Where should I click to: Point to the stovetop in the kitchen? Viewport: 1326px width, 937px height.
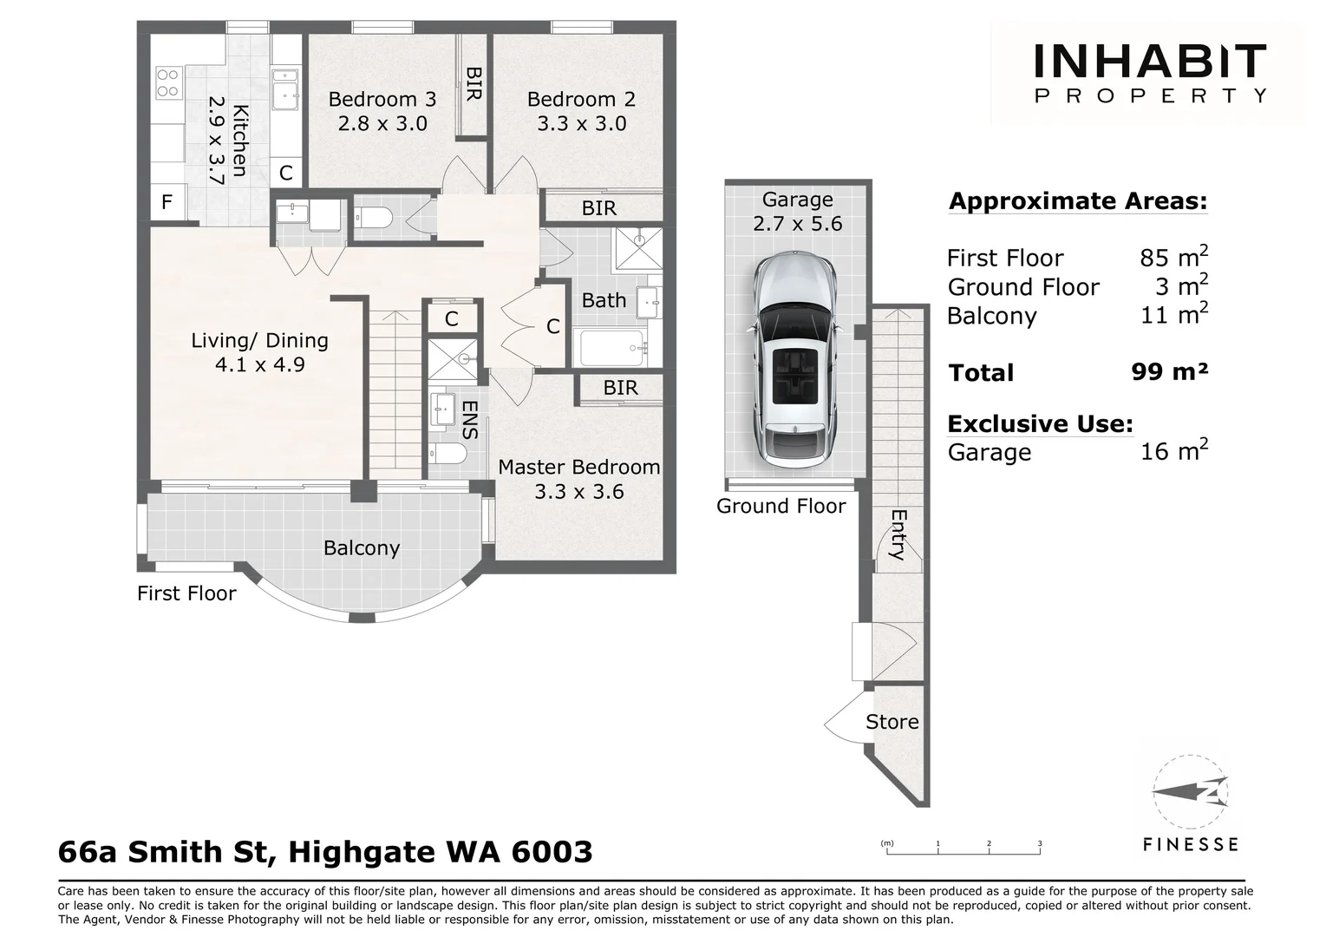[x=167, y=83]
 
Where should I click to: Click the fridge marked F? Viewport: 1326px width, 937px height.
[x=167, y=202]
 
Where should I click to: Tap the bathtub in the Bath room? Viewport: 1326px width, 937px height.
[x=612, y=348]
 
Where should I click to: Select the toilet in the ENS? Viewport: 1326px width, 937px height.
[x=447, y=455]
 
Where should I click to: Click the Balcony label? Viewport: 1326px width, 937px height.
[x=362, y=547]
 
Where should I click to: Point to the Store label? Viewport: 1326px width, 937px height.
[x=892, y=722]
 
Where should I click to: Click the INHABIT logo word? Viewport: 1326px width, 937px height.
[x=1150, y=61]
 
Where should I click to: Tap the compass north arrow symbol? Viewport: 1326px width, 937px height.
[x=1191, y=792]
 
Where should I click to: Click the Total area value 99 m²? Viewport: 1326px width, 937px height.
[x=1169, y=372]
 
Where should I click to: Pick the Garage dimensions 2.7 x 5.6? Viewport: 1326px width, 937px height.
[x=797, y=224]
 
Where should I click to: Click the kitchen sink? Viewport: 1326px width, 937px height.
[x=285, y=89]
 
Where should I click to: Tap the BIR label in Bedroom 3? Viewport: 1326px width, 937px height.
[x=474, y=83]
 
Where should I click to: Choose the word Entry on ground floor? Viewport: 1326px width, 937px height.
[x=898, y=534]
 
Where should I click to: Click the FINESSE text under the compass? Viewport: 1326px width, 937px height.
[x=1191, y=845]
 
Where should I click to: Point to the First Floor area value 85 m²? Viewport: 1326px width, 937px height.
[x=1173, y=257]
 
